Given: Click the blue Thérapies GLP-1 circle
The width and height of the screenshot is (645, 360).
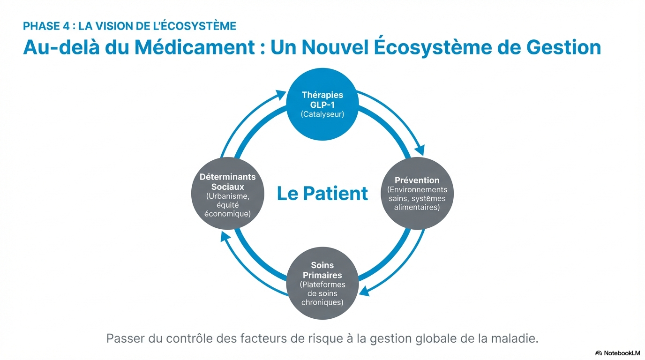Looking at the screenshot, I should [x=322, y=104].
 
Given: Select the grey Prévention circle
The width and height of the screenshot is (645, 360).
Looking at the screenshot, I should [x=417, y=193].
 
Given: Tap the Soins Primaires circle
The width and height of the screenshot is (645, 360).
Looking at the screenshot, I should [x=322, y=283].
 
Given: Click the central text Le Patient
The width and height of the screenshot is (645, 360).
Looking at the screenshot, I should [x=322, y=194].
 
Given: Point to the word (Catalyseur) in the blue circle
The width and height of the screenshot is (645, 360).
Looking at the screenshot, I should [x=322, y=114].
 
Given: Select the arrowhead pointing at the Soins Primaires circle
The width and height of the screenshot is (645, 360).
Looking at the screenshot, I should [x=365, y=291].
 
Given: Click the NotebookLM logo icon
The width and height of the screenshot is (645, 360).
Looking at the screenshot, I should [x=599, y=353].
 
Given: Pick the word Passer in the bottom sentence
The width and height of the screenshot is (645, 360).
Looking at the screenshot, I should [x=122, y=338].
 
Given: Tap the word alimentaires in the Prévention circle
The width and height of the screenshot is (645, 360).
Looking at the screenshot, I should [x=417, y=207].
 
